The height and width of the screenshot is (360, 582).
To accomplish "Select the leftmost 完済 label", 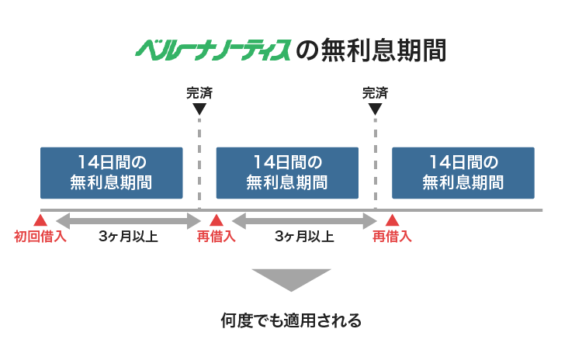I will [199, 93].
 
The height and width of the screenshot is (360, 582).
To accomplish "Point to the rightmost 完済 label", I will [375, 93].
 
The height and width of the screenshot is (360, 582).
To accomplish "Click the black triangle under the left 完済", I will [199, 109].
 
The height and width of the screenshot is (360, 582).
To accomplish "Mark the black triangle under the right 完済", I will [375, 109].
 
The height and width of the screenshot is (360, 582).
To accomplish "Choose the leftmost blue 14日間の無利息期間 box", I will [111, 172].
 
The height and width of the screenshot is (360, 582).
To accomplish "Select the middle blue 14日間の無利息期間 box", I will [286, 172].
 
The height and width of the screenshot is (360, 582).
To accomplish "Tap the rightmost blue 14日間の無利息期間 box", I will [462, 172].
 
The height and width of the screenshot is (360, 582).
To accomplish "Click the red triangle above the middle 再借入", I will [217, 220].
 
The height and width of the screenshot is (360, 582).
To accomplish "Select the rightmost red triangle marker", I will [392, 220].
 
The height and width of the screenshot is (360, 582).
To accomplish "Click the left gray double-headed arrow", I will [128, 221].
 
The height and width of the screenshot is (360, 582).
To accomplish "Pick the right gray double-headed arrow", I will [304, 221].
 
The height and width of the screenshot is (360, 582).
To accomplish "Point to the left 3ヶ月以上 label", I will [129, 237].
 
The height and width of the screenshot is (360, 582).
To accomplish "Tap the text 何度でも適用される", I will [291, 320].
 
